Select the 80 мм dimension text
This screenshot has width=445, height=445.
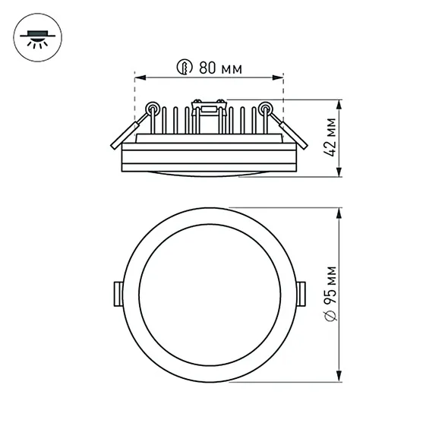(x=220, y=68)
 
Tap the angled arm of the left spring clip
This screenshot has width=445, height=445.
(x=122, y=134)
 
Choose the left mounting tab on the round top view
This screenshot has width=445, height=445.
(x=118, y=292)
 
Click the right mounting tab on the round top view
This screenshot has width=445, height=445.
(x=301, y=292)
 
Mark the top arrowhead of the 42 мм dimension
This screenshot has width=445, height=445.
(x=339, y=103)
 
